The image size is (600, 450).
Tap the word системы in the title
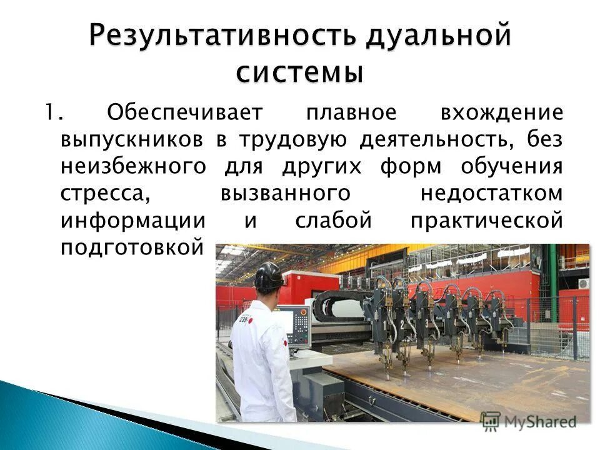(299, 72)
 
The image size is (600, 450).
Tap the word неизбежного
(133, 167)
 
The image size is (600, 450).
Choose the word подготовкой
(133, 248)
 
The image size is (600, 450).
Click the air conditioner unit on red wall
(582, 283)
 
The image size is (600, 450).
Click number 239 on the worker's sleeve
(242, 319)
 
